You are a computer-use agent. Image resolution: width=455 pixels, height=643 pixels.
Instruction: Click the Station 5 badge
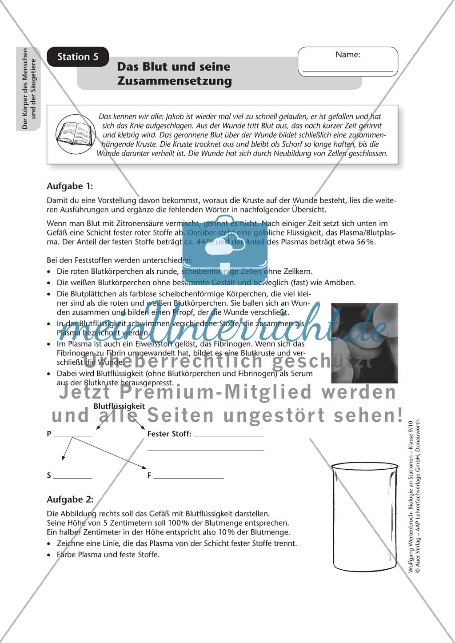click(x=78, y=57)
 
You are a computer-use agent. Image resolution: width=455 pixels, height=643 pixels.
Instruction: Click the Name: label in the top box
click(x=347, y=55)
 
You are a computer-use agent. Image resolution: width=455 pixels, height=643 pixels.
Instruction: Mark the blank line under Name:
click(x=348, y=71)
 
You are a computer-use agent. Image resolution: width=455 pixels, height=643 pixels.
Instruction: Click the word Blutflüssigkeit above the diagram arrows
click(x=119, y=406)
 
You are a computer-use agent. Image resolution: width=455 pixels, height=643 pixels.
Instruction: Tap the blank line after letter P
click(x=73, y=437)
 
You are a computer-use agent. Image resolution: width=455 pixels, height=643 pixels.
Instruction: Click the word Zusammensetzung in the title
click(x=174, y=81)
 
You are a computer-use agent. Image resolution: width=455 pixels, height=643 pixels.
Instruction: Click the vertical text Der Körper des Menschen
click(x=25, y=89)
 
